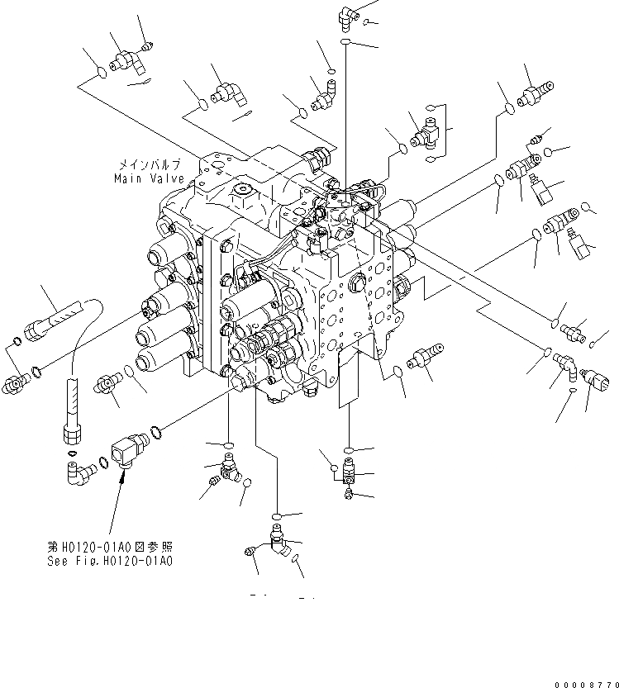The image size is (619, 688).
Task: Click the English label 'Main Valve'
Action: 149,178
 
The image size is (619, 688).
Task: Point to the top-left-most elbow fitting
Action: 126,59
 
